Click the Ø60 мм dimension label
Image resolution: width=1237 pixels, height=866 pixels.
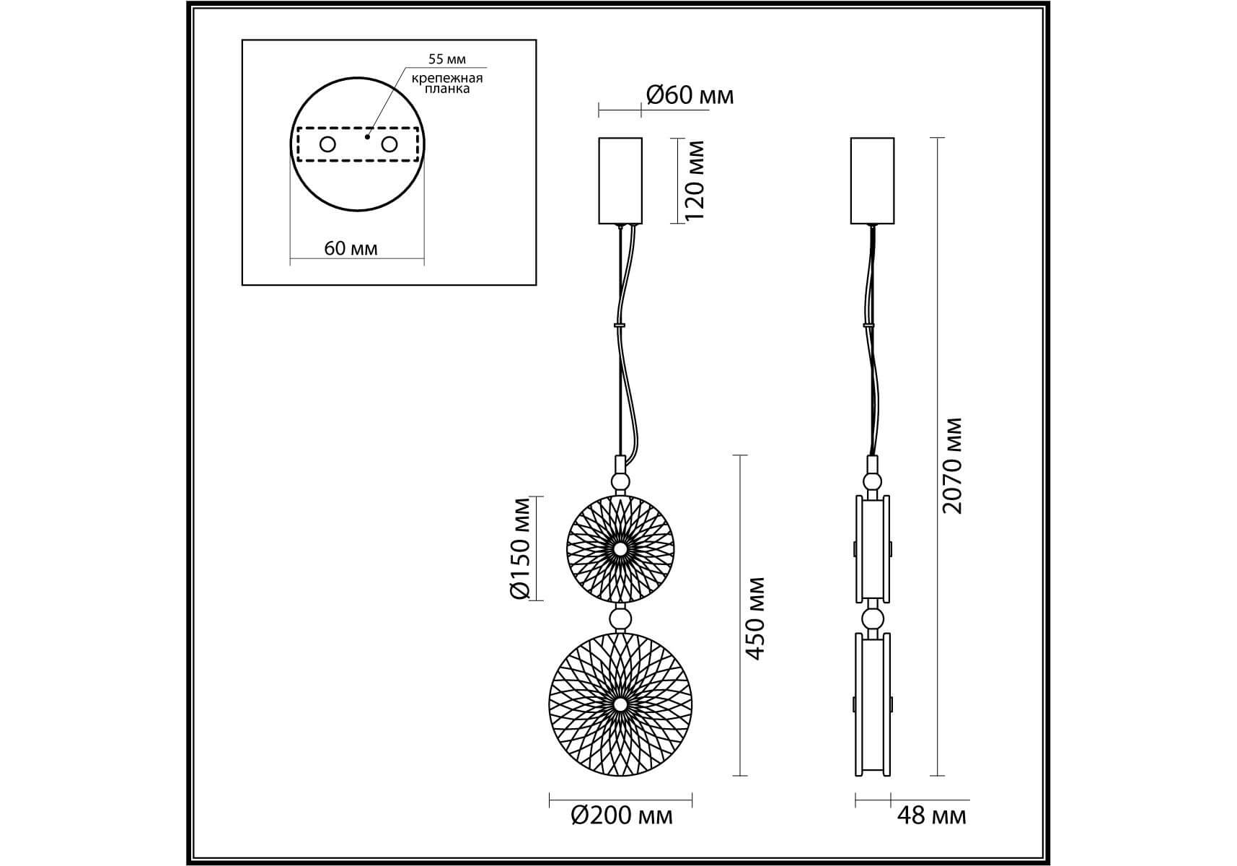click(690, 95)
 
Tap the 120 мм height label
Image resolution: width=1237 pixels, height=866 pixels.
click(694, 180)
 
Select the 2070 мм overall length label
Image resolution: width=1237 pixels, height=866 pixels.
click(952, 465)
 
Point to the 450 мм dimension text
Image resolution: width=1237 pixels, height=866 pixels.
click(754, 618)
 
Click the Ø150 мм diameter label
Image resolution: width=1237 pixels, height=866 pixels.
click(520, 548)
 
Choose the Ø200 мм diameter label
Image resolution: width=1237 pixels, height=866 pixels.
click(621, 815)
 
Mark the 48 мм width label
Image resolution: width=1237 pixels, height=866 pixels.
click(931, 815)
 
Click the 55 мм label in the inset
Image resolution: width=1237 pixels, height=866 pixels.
click(447, 59)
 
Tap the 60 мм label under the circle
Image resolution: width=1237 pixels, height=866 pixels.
click(351, 248)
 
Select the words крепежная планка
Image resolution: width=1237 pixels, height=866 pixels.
click(447, 83)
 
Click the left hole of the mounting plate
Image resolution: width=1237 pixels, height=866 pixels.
click(327, 144)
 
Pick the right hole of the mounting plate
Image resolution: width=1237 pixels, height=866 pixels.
click(389, 144)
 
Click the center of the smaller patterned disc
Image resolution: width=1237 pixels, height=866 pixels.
click(620, 549)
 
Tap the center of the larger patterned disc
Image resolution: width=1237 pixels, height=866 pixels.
click(620, 704)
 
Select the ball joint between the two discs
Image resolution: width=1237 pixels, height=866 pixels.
click(620, 618)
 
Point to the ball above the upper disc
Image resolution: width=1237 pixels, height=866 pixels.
click(620, 482)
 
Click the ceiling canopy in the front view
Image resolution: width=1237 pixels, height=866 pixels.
click(620, 180)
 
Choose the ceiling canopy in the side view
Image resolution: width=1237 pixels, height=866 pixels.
click(872, 180)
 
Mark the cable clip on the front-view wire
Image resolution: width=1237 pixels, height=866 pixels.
click(619, 325)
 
